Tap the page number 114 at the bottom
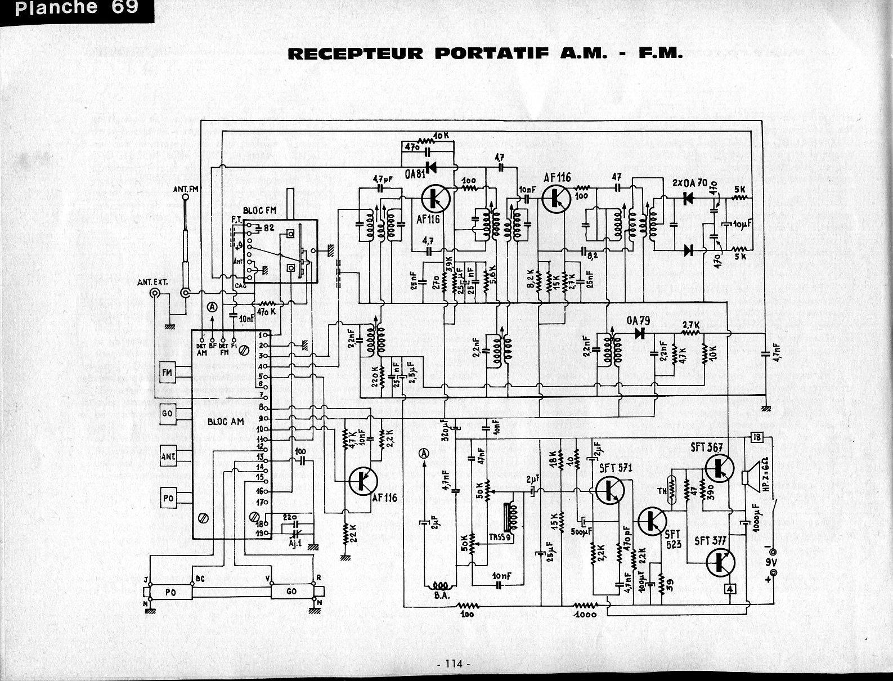(452, 664)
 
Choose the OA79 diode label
(638, 321)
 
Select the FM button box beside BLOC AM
(168, 372)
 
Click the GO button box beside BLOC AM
(168, 413)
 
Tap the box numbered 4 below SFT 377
(730, 589)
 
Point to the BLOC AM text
(225, 421)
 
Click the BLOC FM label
(259, 210)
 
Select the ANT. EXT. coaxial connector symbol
(154, 293)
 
